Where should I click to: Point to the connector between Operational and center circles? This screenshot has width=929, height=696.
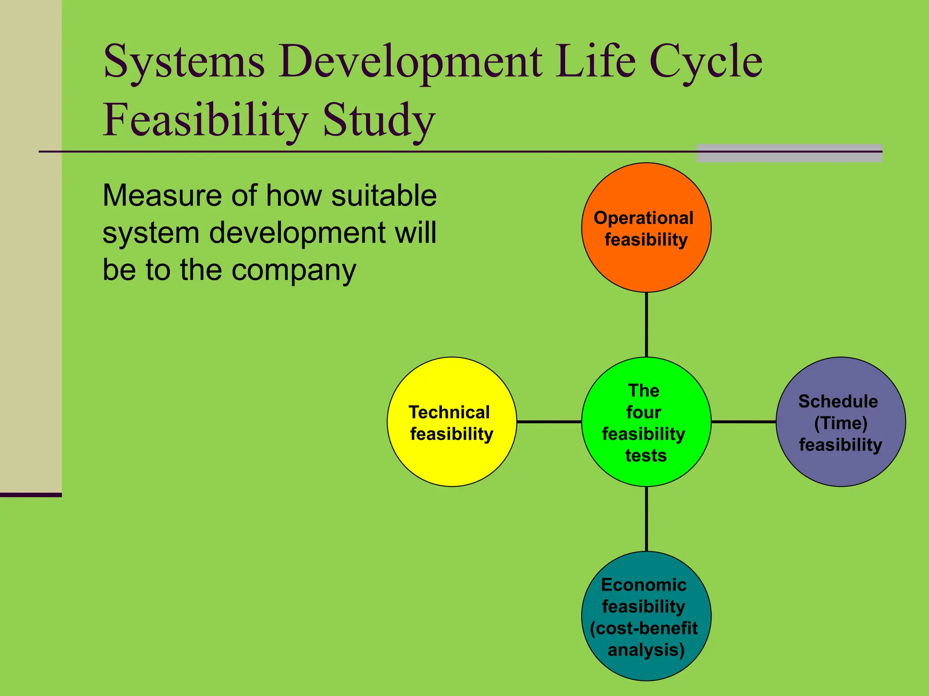coord(646,324)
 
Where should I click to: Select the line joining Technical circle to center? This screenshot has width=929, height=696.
coord(549,422)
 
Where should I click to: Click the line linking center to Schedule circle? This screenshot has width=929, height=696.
coord(743,422)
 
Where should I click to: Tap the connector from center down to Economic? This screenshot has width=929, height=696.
coord(646,519)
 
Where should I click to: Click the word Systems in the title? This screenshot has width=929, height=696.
coord(184,62)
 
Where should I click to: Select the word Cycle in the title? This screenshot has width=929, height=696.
coord(706,62)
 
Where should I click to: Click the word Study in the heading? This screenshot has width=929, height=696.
coord(379,120)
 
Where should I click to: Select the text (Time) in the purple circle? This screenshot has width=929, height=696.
coord(841,423)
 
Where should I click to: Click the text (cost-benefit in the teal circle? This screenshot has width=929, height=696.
coord(644,628)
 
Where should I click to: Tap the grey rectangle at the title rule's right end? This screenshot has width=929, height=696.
coord(789,153)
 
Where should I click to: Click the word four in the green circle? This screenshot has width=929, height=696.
coord(644,412)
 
